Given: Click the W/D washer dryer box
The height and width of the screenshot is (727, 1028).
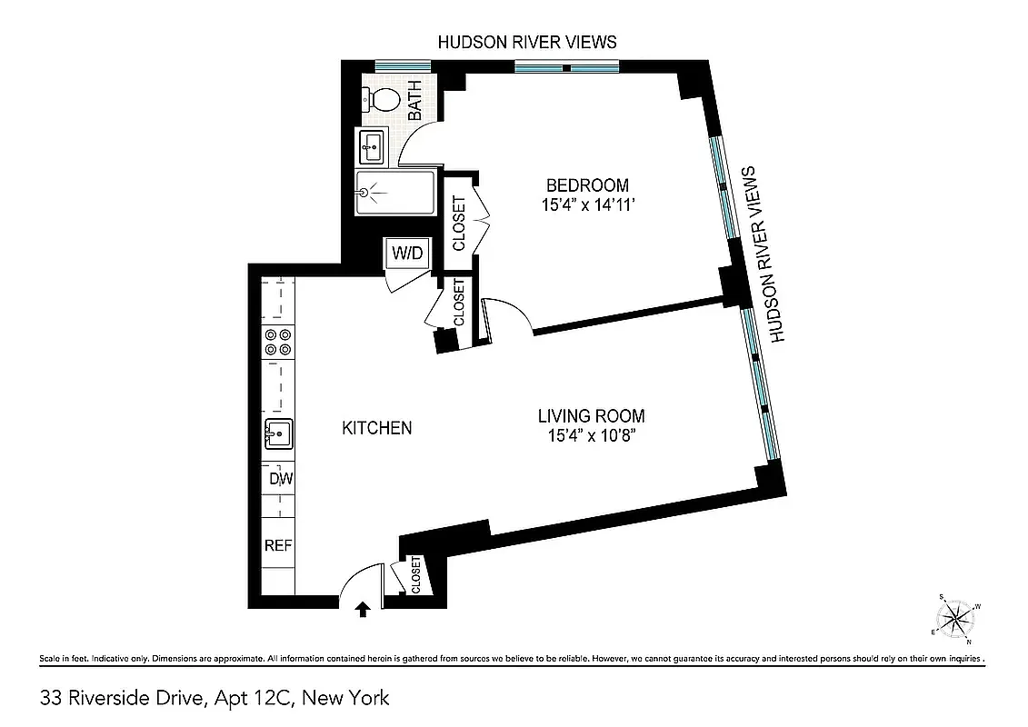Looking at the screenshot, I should [x=407, y=253].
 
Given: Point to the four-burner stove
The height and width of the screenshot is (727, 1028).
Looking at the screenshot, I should [x=278, y=342].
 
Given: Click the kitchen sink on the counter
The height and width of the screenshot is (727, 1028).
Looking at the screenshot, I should [x=278, y=434].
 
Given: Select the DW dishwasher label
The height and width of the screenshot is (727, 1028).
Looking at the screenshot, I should [x=278, y=479].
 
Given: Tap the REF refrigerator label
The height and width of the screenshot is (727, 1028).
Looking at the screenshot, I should [x=278, y=546].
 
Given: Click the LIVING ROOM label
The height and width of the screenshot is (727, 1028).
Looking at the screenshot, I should [x=591, y=416].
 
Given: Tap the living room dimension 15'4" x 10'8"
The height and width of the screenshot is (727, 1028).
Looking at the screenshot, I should [x=591, y=437].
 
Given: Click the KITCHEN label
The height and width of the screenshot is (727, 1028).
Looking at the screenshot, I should [x=376, y=428].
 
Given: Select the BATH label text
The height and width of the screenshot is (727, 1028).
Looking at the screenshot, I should [x=416, y=101].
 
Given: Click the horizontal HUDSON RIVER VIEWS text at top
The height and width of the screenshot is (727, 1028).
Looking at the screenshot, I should [x=527, y=42].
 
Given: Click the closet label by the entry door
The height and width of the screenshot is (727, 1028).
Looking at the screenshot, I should [x=416, y=575].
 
